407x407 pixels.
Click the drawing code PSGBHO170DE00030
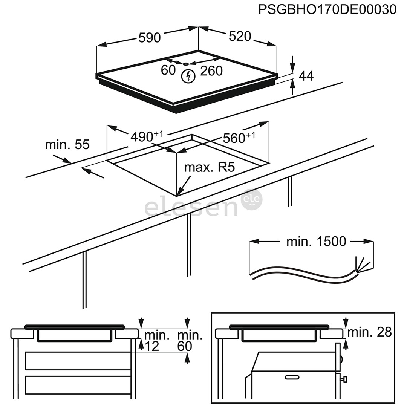pos(327,9)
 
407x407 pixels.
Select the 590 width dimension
pos(149,37)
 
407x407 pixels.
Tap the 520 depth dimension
pos(240,36)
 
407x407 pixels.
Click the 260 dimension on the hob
pos(211,70)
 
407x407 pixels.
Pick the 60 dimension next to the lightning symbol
pos(168,70)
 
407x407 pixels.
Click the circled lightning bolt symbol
pos(188,77)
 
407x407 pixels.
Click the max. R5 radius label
pos(210,167)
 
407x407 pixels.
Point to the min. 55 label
pos(67,144)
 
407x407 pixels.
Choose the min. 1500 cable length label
pos(316,241)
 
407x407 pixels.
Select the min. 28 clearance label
pos(369,332)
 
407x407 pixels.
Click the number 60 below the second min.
pos(185,346)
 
